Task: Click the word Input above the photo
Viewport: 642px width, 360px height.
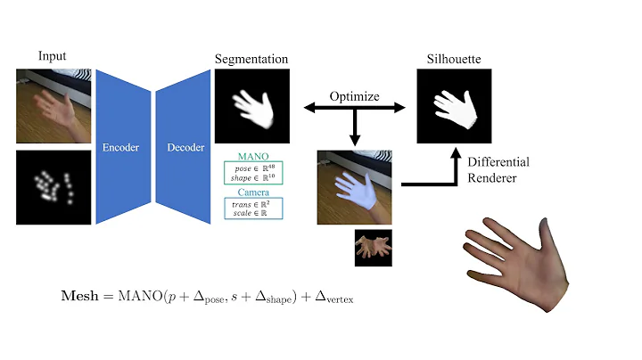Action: tap(52, 56)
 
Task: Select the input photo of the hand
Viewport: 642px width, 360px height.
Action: tap(54, 107)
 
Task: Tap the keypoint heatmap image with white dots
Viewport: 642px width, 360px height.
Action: tap(54, 187)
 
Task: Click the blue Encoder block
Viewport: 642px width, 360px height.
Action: tap(120, 147)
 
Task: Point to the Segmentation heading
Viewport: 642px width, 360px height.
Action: tap(251, 59)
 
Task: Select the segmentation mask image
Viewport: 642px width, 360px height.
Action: tap(252, 107)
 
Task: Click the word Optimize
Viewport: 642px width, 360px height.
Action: tap(354, 95)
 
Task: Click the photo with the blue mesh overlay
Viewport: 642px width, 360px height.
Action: tap(355, 187)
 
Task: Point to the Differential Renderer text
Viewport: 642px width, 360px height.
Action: tap(498, 168)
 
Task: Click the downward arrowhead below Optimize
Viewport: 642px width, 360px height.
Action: tap(355, 139)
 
